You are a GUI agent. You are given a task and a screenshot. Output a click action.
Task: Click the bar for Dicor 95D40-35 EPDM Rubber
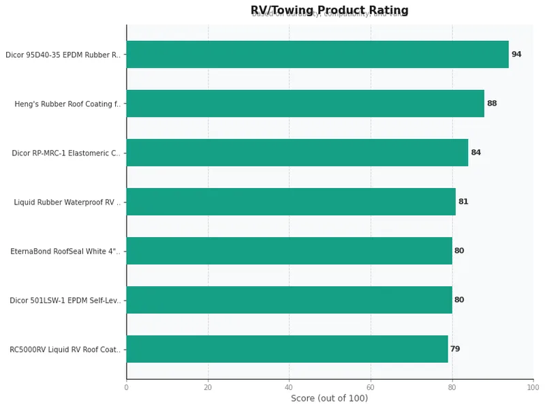[x=317, y=55]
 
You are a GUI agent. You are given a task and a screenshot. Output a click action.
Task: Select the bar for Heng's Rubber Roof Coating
[x=305, y=104]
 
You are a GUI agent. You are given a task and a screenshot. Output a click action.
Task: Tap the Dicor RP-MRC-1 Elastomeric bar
[x=297, y=153]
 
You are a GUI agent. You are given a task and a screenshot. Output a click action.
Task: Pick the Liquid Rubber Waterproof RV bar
[x=291, y=202]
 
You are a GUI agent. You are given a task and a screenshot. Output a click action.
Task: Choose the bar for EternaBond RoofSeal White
[x=289, y=251]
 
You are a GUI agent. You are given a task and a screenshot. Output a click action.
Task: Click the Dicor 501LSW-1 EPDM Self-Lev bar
[x=289, y=300]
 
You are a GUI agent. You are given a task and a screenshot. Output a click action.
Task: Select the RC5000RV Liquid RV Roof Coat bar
[x=287, y=349]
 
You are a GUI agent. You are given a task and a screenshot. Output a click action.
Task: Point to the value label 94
[x=516, y=55]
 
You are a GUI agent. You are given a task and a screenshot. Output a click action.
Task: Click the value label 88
[x=492, y=104]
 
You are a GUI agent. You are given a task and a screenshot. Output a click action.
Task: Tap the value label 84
[x=476, y=153]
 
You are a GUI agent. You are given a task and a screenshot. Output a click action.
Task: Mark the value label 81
[x=463, y=202]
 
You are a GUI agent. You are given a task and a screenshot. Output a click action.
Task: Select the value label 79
[x=455, y=349]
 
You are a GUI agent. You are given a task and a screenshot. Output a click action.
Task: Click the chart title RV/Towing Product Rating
[x=330, y=10]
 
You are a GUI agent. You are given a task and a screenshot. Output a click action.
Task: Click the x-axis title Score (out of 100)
[x=330, y=398]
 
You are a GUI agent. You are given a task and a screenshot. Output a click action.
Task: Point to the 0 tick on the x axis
[x=126, y=387]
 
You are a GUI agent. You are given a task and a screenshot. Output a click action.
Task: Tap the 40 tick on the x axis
[x=289, y=387]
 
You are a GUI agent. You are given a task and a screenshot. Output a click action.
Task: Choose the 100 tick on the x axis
[x=533, y=387]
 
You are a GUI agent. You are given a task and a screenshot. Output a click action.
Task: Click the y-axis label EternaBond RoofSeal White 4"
[x=65, y=252]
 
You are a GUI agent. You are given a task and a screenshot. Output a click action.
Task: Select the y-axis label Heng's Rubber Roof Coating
[x=67, y=104]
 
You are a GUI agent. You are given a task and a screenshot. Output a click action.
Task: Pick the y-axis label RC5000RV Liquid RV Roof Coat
[x=65, y=350]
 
